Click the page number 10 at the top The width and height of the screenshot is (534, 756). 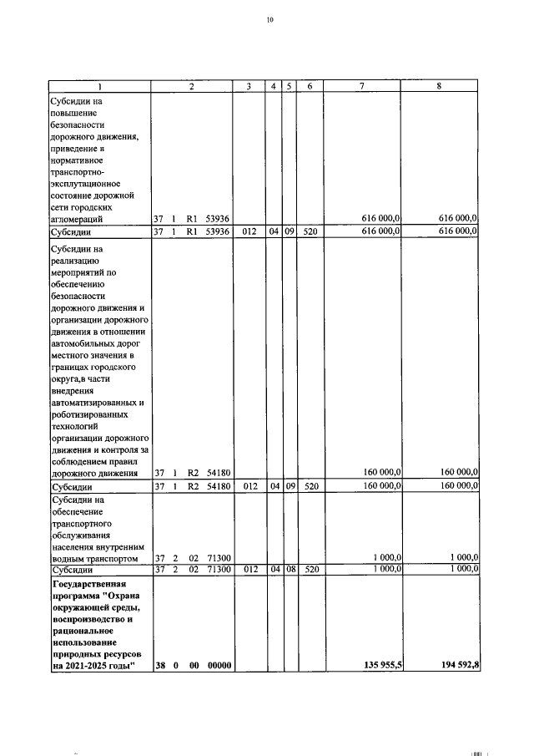[270, 20]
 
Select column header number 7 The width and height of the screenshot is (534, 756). [361, 86]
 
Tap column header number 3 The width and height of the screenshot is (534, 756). [249, 86]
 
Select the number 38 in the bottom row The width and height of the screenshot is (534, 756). [159, 665]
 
